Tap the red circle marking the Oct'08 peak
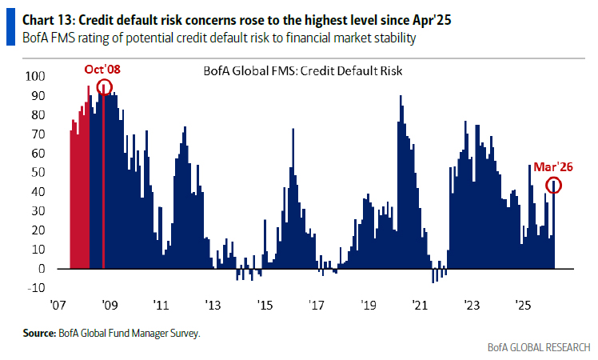[104, 87]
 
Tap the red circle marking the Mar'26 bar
[554, 186]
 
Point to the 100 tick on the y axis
[36, 77]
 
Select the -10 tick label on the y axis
[35, 288]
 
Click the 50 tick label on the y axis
[39, 173]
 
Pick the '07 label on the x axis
[58, 305]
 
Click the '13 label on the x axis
[213, 305]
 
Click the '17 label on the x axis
[317, 305]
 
